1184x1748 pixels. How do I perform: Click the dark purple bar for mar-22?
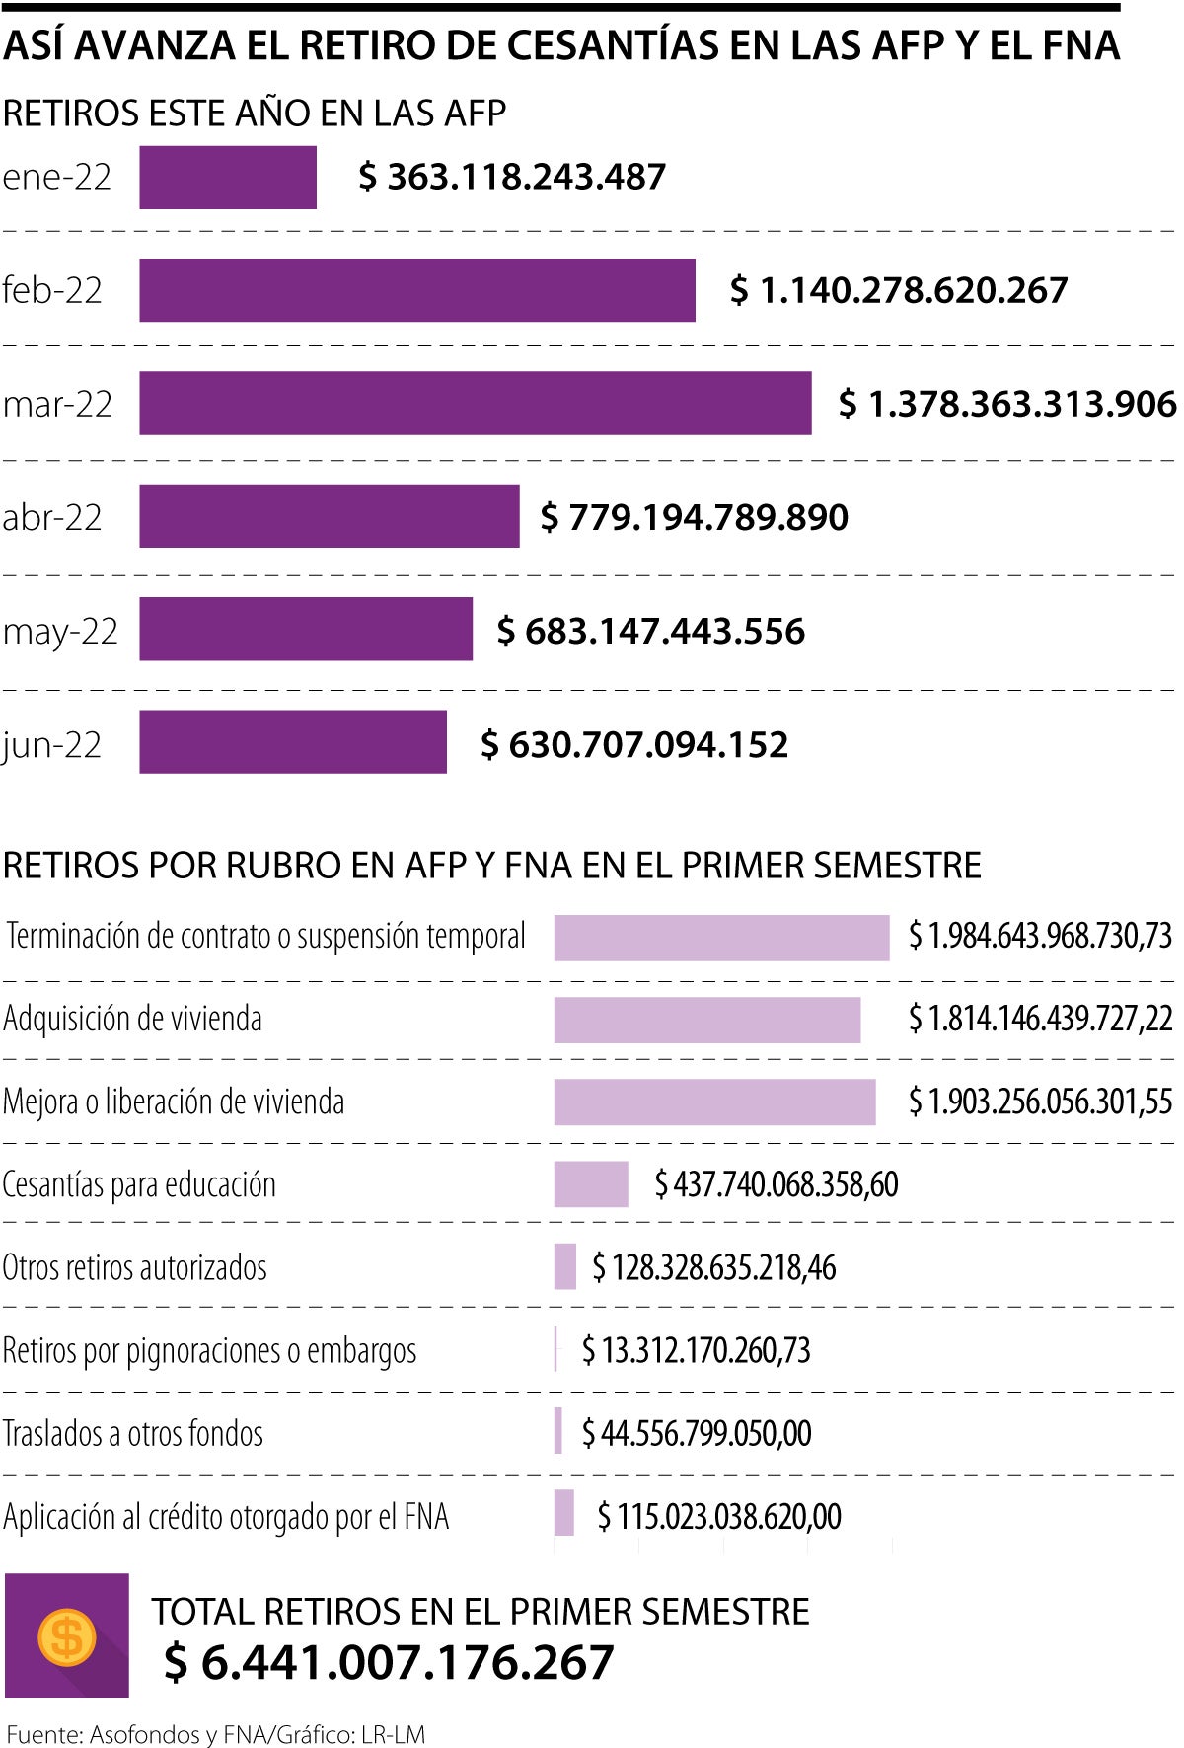coord(475,403)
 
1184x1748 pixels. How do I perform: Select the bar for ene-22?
coord(227,178)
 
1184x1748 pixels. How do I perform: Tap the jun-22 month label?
coord(52,744)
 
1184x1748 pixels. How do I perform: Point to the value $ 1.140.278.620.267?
coord(898,290)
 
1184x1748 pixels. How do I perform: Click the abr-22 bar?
coord(329,516)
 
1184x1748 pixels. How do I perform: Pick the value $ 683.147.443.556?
coord(650,631)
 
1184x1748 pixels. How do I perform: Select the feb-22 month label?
coord(52,290)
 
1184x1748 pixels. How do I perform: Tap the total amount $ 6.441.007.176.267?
coord(389,1662)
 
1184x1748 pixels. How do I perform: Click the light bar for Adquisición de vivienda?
coord(706,1020)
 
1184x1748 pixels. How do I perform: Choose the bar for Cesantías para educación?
coord(590,1184)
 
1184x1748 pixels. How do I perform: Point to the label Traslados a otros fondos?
coord(133,1433)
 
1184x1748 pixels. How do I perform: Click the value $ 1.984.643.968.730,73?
coord(1040,936)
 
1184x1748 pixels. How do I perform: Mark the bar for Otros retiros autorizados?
coord(564,1266)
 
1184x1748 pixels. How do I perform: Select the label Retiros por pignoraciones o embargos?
coord(209,1350)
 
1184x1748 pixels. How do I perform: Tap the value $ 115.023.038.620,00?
coord(719,1516)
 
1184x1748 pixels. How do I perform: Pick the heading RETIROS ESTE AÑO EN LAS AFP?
coord(255,114)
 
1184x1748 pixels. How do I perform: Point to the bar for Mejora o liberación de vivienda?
coord(714,1102)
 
